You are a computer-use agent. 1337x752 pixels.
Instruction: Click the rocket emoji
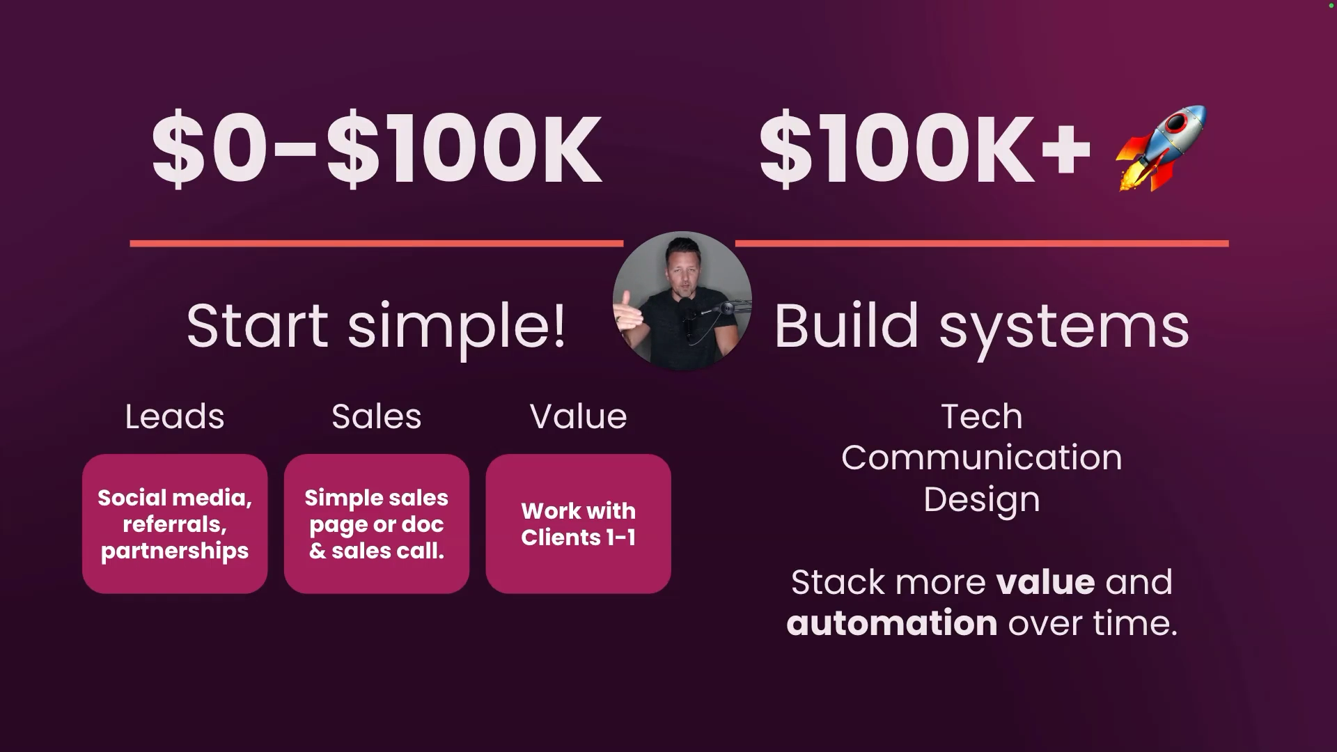pos(1162,148)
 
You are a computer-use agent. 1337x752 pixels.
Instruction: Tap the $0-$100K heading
pos(377,149)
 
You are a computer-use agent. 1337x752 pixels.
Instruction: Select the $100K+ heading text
pos(925,149)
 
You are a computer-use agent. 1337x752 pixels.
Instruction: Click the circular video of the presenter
pos(682,301)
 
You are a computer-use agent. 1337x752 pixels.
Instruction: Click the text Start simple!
pos(376,326)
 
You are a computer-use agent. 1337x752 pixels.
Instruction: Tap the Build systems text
pos(982,326)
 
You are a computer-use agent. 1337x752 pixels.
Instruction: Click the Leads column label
pos(175,416)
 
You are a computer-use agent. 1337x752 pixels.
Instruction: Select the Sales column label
pos(377,416)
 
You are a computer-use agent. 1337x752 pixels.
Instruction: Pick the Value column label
pos(578,416)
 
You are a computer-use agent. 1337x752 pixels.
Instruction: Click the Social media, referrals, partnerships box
pos(175,524)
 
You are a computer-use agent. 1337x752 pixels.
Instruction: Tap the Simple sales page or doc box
pos(377,524)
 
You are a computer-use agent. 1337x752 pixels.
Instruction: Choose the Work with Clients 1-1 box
pos(578,524)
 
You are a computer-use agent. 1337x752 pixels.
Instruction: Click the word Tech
pos(982,416)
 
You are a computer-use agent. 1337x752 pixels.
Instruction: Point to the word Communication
pos(982,457)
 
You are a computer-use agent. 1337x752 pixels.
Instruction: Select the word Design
pos(982,500)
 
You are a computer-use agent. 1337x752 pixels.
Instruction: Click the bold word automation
pos(892,622)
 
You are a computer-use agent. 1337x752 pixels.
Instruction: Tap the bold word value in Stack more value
pos(1046,582)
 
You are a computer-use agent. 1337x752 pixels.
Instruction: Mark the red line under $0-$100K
pos(377,244)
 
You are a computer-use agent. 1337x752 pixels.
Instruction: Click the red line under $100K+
pos(982,244)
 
